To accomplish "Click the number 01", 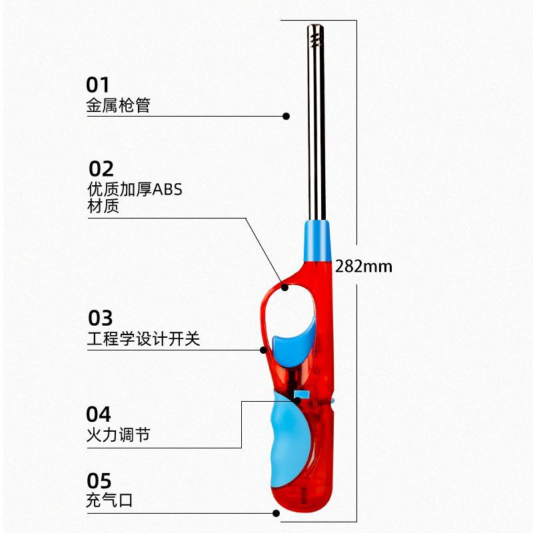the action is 97,85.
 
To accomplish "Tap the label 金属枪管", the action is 119,105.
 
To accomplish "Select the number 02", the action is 101,169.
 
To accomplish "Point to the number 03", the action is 101,318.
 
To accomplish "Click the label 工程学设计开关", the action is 143,339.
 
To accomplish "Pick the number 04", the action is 99,414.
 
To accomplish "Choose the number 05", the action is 99,480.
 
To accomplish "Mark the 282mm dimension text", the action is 364,267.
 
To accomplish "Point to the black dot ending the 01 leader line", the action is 286,116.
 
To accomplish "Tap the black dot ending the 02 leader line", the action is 285,287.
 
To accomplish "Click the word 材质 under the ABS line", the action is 103,207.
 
